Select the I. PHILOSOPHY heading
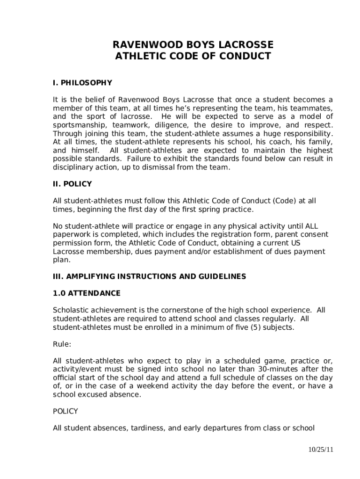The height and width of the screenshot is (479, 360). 82,83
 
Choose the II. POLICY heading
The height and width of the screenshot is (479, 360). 72,184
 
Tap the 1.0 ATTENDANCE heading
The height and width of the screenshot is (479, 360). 86,293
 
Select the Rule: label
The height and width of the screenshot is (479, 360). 62,344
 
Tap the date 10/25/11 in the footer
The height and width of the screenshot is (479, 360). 320,450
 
